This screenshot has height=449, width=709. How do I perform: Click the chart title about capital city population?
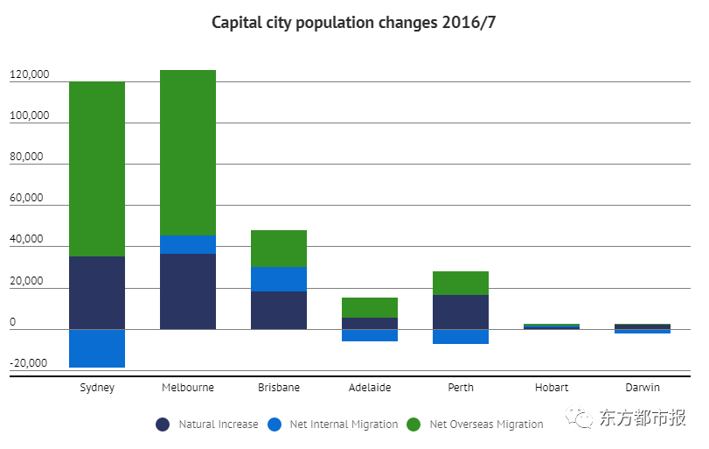pos(354,22)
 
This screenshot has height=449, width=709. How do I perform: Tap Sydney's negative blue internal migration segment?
pos(97,348)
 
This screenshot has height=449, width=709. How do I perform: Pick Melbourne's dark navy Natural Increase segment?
pos(188,291)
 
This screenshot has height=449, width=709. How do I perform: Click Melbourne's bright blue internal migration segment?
pos(188,244)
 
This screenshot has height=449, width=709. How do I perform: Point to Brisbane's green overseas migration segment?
pos(279,249)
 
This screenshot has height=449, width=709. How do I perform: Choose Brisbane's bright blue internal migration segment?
pos(279,279)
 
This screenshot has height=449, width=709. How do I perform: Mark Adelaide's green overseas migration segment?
pos(370,307)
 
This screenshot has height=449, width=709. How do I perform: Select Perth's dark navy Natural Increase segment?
pos(461,312)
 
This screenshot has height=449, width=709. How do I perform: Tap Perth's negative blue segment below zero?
pos(461,337)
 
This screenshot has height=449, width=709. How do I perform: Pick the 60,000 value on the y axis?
pos(26,199)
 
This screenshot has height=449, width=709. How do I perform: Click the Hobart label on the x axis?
pos(552,387)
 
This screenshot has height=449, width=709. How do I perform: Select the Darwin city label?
pos(643,387)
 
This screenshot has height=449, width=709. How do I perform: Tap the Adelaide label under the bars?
pos(370,387)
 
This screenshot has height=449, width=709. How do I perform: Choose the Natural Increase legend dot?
pos(163,424)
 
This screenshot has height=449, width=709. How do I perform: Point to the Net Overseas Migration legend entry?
pos(486,424)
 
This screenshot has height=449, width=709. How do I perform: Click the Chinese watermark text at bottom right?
pos(643,418)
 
